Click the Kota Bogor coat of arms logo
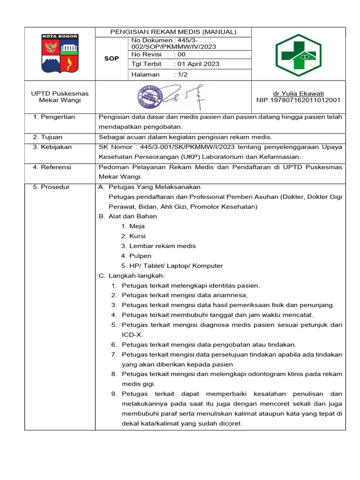60,53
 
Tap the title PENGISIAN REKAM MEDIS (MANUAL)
173,32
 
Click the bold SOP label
112,59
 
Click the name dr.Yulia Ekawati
298,93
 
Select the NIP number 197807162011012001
298,100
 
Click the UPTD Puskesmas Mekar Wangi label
60,97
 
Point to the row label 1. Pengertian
54,117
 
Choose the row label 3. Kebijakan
52,147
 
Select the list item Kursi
137,236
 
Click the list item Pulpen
140,256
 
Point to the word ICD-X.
132,335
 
